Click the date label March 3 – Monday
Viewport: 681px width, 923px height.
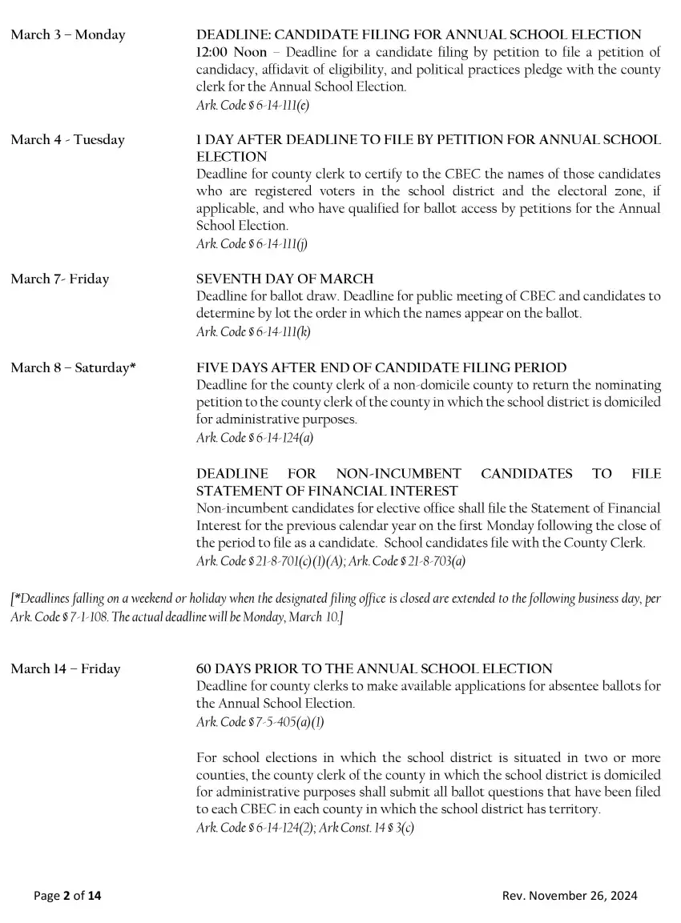point(68,35)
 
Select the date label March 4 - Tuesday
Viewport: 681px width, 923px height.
point(68,140)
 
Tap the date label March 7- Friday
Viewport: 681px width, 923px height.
point(60,279)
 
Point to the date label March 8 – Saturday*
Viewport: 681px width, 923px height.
point(73,368)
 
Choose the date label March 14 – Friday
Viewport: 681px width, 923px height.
point(66,669)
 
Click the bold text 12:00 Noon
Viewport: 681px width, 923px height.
point(232,53)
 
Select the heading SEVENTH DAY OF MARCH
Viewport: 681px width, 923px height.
point(285,279)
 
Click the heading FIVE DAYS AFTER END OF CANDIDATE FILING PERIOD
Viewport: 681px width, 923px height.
point(381,368)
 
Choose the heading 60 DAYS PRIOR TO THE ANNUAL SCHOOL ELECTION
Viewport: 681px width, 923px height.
point(374,669)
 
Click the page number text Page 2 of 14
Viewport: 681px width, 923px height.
point(67,896)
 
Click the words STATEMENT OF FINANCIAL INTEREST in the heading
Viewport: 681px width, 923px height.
point(327,491)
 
